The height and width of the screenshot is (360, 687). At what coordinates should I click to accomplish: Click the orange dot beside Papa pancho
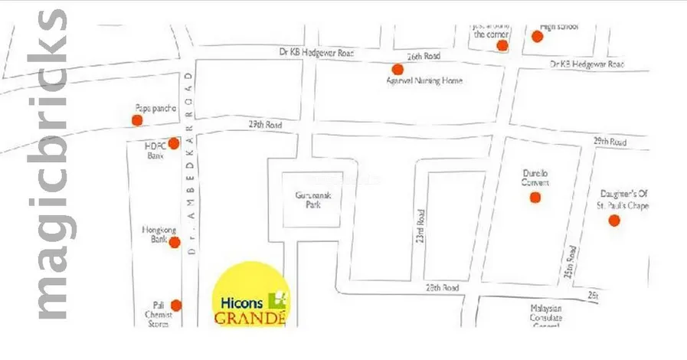(x=137, y=119)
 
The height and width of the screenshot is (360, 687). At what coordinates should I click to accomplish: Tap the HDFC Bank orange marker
(x=174, y=143)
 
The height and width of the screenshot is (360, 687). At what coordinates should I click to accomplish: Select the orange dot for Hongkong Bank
(x=175, y=243)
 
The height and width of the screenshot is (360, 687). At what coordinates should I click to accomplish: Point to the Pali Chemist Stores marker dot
(x=176, y=305)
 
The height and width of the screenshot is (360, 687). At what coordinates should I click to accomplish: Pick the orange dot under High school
(x=538, y=36)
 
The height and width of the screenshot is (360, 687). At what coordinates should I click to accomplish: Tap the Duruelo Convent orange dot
(x=535, y=198)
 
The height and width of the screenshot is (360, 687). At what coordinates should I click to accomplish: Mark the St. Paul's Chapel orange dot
(x=613, y=221)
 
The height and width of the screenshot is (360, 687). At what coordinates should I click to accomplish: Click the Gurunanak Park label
(x=312, y=201)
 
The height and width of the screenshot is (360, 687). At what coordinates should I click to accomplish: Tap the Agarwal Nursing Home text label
(x=424, y=81)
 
